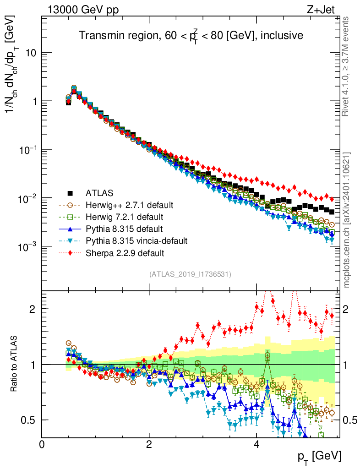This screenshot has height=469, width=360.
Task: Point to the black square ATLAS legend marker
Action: click(x=70, y=193)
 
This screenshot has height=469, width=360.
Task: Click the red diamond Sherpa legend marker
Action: click(x=70, y=252)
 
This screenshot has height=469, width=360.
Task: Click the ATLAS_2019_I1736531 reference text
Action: click(x=190, y=274)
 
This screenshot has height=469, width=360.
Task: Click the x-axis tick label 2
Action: click(x=149, y=444)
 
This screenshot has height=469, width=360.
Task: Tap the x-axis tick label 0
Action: click(x=42, y=444)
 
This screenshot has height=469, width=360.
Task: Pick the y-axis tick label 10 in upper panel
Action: click(x=30, y=53)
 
